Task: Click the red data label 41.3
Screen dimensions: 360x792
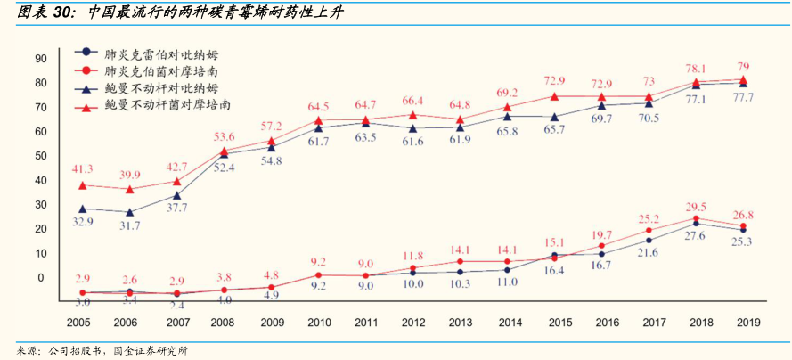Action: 82,168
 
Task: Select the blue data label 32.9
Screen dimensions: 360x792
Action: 82,221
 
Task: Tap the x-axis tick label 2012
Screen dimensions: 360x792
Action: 412,322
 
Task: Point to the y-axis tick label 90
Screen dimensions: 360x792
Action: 40,59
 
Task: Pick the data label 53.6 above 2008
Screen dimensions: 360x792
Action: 225,136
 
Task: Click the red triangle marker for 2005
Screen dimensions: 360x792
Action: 82,185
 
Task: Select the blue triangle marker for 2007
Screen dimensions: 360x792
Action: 176,196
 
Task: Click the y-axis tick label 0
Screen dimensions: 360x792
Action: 40,277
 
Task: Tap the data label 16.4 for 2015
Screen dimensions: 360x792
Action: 556,270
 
